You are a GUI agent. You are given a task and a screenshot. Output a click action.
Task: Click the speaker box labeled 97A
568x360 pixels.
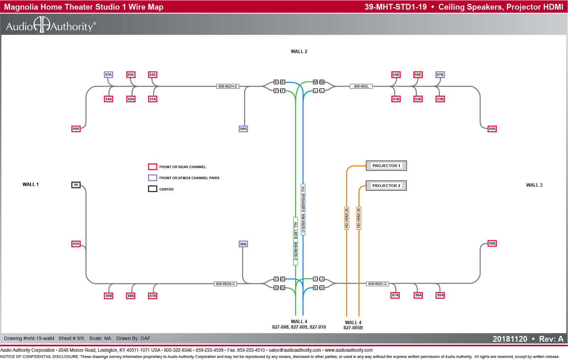pyautogui.click(x=108, y=75)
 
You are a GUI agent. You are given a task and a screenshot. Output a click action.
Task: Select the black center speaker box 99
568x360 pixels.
pyautogui.click(x=76, y=185)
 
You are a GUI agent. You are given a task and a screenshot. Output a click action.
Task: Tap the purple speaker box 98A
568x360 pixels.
pyautogui.click(x=243, y=129)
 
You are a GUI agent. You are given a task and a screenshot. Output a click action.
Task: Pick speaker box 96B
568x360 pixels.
pyautogui.click(x=492, y=244)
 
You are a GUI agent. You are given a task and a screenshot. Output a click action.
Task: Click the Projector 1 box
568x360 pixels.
pyautogui.click(x=386, y=165)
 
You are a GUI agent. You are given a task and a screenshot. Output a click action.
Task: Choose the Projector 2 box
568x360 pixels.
pyautogui.click(x=386, y=186)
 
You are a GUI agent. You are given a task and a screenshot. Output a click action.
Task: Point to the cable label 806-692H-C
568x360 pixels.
pyautogui.click(x=228, y=86)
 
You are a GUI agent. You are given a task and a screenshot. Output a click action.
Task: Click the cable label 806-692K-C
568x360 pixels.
pyautogui.click(x=377, y=284)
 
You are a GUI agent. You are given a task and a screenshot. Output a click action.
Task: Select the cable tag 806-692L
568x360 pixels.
pyautogui.click(x=361, y=86)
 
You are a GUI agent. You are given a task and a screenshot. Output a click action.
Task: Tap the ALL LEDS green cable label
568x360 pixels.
pyautogui.click(x=295, y=241)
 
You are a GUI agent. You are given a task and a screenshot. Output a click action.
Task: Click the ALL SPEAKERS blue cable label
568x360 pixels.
pyautogui.click(x=303, y=209)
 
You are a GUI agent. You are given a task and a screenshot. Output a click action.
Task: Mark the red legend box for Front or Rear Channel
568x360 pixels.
pyautogui.click(x=152, y=167)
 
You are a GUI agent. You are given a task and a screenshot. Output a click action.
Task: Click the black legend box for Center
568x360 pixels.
pyautogui.click(x=152, y=189)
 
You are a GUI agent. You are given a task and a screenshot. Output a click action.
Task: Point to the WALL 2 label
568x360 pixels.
pyautogui.click(x=299, y=51)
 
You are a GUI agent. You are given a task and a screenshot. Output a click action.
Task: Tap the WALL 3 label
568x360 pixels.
pyautogui.click(x=534, y=185)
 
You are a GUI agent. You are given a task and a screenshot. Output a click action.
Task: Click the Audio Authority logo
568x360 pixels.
pyautogui.click(x=51, y=25)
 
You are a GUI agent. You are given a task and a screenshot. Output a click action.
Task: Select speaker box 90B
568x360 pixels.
pyautogui.click(x=76, y=129)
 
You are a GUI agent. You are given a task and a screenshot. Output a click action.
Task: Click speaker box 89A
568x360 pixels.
pyautogui.click(x=440, y=295)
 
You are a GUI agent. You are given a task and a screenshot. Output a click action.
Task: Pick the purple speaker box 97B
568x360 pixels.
pyautogui.click(x=440, y=75)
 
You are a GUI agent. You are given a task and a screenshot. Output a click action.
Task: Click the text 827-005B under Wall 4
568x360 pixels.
pyautogui.click(x=353, y=328)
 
